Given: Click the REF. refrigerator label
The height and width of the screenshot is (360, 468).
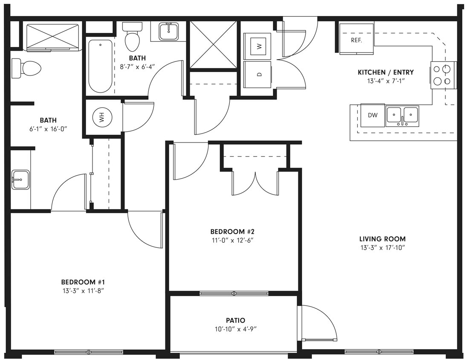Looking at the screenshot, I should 356,41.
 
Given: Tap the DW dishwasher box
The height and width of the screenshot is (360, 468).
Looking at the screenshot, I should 373,115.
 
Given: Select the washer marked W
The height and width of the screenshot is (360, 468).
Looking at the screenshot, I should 257,46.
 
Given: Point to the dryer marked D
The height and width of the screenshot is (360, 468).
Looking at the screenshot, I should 257,74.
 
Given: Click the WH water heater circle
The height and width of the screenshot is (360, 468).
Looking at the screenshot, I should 102,118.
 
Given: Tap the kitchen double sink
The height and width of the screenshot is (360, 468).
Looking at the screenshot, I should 402,116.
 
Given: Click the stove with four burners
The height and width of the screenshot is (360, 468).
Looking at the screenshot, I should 443,75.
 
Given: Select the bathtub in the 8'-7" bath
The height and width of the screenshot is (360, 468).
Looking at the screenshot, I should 100,66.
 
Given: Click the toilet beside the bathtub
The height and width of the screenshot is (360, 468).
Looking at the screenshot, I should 132,38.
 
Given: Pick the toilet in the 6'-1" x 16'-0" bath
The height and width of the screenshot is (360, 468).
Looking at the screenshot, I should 27,68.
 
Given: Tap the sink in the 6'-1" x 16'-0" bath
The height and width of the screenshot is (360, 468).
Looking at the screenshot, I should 20,180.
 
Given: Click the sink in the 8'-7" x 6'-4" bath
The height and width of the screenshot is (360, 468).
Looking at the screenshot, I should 168,31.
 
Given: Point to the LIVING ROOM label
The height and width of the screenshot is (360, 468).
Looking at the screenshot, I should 382,239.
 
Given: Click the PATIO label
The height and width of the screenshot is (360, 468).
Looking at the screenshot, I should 235,320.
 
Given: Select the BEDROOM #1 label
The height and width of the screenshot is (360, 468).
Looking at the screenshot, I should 83,282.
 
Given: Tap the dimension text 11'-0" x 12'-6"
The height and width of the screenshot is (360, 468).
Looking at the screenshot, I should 232,240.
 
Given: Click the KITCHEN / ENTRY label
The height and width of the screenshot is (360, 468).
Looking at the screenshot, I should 385,72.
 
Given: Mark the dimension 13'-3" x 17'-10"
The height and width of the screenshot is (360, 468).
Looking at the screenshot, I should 382,247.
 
